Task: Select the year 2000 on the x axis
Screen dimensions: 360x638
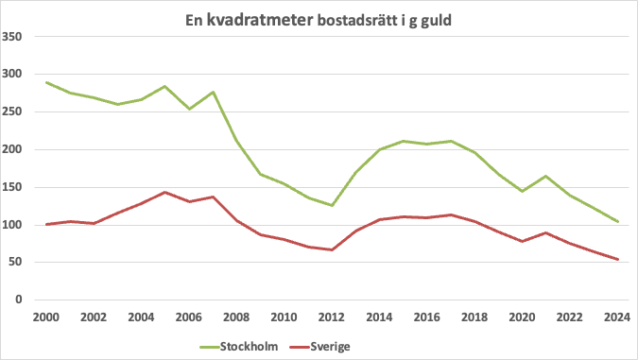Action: click(46, 317)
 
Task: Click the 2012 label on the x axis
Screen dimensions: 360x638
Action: click(332, 317)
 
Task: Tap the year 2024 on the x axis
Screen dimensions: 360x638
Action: click(617, 317)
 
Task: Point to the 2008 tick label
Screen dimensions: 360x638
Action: click(236, 317)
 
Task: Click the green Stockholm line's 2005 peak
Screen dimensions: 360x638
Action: click(165, 86)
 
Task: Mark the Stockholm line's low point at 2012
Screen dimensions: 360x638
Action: click(332, 205)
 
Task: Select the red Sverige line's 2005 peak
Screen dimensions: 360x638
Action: click(165, 192)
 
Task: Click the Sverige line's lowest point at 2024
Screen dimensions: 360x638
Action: click(617, 260)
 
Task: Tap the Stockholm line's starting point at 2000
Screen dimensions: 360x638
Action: click(46, 82)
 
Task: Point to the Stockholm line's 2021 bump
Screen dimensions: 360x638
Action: click(546, 176)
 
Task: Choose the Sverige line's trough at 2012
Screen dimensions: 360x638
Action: click(332, 249)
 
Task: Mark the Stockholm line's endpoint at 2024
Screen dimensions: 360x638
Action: click(617, 222)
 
